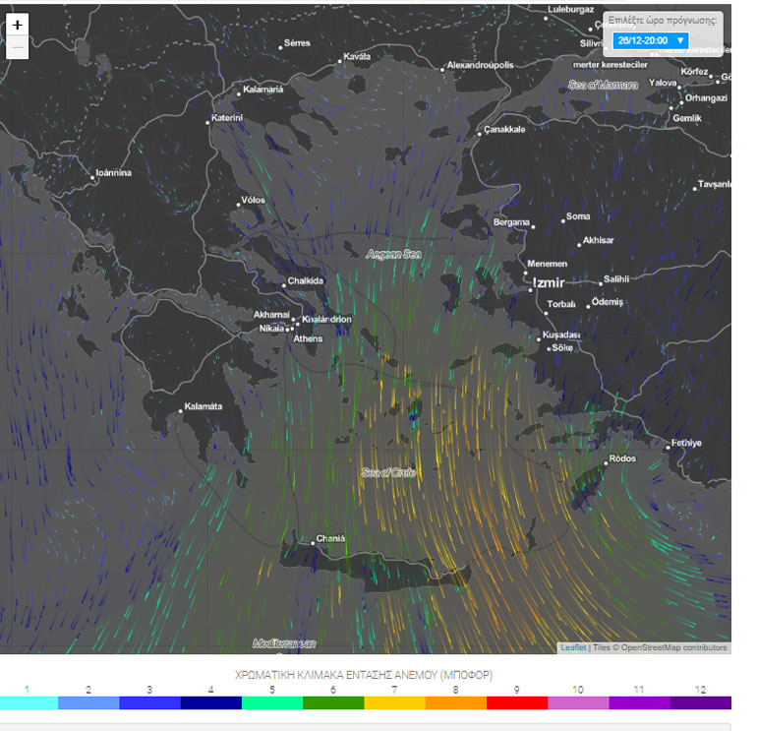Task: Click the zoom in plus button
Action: click(x=17, y=26)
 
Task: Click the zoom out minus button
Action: click(x=17, y=47)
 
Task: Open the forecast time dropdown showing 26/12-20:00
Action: click(x=651, y=40)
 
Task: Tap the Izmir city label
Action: click(x=549, y=282)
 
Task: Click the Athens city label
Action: click(x=308, y=338)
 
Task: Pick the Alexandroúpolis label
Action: click(x=480, y=65)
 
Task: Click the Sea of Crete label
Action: click(x=388, y=473)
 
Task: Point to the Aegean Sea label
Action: click(x=393, y=254)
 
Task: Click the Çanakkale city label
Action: click(x=505, y=129)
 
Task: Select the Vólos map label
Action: click(x=253, y=201)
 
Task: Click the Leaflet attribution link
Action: click(x=573, y=647)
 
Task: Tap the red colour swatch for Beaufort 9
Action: click(x=515, y=703)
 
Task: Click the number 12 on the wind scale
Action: click(x=700, y=689)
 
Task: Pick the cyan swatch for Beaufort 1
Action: click(x=29, y=703)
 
